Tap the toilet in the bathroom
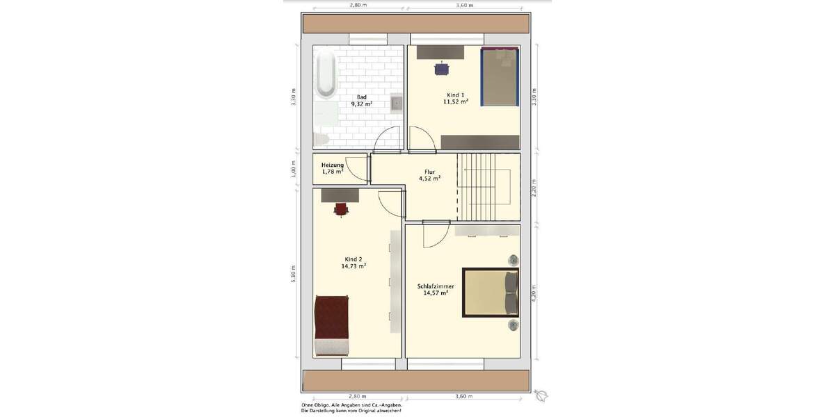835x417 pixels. pos(321,139)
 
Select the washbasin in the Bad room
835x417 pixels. pos(396,104)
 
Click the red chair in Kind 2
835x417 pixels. pos(341,208)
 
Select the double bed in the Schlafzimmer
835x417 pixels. pos(490,292)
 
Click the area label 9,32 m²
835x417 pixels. pos(361,104)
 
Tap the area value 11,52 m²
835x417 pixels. pos(455,101)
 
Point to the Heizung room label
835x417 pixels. pos(333,165)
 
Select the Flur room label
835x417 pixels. pos(429,171)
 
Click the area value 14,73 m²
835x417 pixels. pos(353,265)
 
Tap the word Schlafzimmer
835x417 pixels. pos(436,286)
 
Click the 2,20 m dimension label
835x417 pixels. pos(534,187)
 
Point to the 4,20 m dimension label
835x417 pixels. pos(534,291)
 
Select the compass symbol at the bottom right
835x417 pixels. pos(541,395)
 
